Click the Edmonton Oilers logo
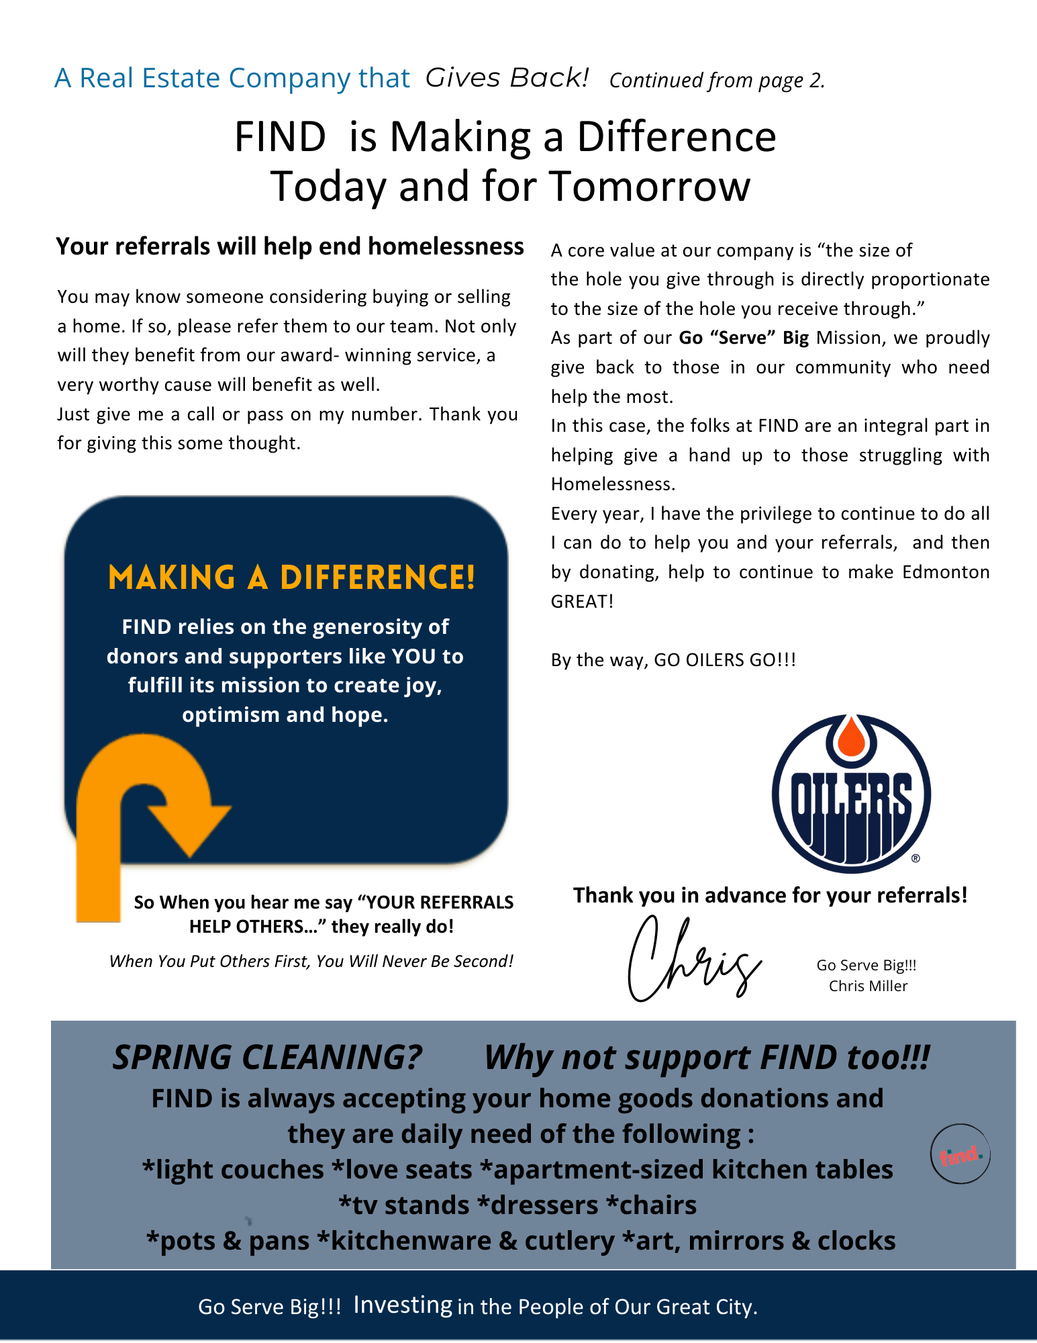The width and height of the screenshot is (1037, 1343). tap(851, 794)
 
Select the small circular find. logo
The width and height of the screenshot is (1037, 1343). tap(960, 1154)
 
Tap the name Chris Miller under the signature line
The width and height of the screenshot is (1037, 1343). tap(868, 986)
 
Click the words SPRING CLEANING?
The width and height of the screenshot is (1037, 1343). tap(266, 1058)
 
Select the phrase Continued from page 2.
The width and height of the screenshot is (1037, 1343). tap(716, 81)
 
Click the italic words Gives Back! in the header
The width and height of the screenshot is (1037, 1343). tap(507, 78)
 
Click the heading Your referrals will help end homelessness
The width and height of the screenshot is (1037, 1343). tap(289, 246)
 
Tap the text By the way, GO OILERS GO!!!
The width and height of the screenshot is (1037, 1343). tap(673, 659)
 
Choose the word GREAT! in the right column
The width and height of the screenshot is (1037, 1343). tap(582, 601)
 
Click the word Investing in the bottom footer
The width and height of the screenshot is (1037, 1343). tap(403, 1305)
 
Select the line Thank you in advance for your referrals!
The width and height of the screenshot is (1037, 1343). tap(770, 895)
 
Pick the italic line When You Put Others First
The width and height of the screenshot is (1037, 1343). tap(311, 961)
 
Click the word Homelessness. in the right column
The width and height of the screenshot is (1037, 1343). tap(613, 484)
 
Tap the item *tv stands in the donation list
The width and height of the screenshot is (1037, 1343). tap(403, 1205)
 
